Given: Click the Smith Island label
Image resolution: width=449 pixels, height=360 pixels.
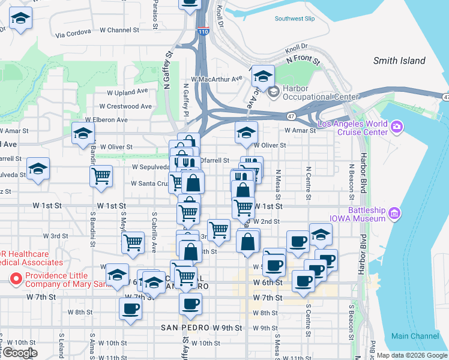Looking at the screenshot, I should tap(399, 61).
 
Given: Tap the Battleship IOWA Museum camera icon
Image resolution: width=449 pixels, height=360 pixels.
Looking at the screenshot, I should tap(394, 212).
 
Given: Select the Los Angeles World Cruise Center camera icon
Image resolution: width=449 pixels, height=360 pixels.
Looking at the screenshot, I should tap(396, 127).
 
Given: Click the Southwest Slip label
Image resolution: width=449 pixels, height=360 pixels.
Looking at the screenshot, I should tap(295, 19).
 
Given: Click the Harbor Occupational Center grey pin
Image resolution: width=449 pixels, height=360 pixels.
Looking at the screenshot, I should tap(274, 92).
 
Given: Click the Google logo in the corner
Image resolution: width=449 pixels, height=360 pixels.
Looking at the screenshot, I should tap(19, 353).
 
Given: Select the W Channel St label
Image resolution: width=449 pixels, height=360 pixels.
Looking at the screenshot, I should tap(119, 29).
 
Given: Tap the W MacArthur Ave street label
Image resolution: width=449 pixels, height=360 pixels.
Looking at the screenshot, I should tap(216, 78).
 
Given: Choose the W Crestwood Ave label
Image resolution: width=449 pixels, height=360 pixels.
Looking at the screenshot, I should tap(125, 106).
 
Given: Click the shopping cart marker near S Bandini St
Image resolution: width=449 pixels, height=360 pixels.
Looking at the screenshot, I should tap(101, 176).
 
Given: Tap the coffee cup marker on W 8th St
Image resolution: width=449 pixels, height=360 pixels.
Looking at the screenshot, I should tap(130, 309).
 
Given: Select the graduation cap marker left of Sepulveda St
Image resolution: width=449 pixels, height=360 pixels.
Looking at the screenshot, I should tap(38, 170).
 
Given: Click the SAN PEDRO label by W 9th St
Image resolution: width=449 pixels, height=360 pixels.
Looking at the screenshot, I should tap(185, 328).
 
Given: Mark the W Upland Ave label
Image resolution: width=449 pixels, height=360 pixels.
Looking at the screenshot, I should tap(127, 92).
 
